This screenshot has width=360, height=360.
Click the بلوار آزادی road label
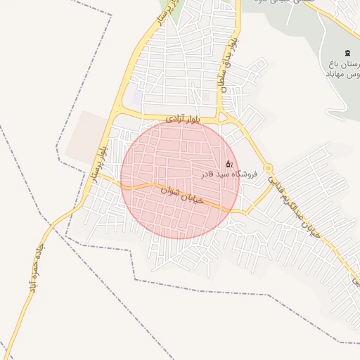pyautogui.click(x=184, y=120)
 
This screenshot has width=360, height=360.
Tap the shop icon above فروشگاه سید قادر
pyautogui.click(x=229, y=164)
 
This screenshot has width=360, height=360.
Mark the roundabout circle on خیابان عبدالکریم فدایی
pyautogui.click(x=268, y=169)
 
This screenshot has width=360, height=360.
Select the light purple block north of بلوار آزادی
pyautogui.click(x=138, y=98)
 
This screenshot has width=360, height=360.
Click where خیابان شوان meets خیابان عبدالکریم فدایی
pyautogui.click(x=243, y=212)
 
